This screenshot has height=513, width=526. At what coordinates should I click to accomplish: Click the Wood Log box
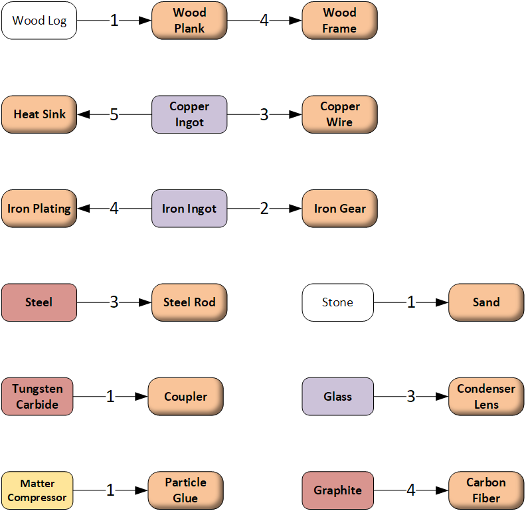pos(39,21)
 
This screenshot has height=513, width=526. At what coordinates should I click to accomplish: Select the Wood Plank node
pos(189,21)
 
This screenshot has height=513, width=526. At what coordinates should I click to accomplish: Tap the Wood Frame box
pos(339,21)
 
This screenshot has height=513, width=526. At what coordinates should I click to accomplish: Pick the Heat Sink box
pos(39,114)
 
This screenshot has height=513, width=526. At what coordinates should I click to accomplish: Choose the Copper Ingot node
pos(189,114)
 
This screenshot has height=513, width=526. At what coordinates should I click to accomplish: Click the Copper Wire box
pos(339,114)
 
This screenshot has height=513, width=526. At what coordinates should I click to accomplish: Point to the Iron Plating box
pos(39,209)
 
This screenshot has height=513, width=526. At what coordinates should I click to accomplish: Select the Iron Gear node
pos(339,209)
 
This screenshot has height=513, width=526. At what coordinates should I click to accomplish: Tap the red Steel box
pos(39,302)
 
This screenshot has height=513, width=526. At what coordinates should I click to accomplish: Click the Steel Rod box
pos(189,302)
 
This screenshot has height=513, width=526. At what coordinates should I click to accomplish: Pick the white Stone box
pos(337,302)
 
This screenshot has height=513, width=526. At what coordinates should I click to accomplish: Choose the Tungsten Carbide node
pos(37,397)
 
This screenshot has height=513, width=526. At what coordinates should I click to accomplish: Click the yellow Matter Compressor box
pos(37,490)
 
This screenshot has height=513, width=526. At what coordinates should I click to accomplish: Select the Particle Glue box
pos(185,490)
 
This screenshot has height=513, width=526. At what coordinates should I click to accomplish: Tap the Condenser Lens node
pos(486,397)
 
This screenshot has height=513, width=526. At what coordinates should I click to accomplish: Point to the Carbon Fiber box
pos(486,490)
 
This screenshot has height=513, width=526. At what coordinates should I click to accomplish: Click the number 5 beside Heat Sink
pos(114,115)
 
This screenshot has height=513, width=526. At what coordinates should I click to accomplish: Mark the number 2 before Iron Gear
pos(264,209)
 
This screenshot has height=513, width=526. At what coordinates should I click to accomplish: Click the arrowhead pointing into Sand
pos(442,302)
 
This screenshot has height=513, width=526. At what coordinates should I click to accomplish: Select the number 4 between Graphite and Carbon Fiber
pos(411,490)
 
